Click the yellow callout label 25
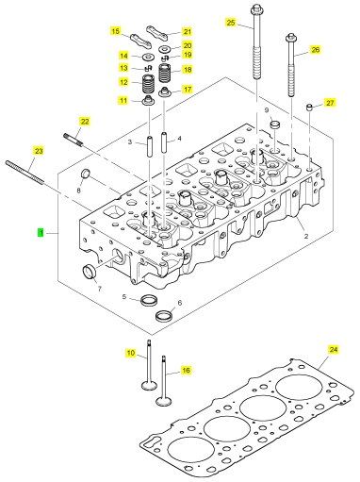pos(231,23)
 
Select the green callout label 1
pos(41,233)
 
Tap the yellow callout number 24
pos(334,349)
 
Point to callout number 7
pos(100,289)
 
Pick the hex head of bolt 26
pos(290,37)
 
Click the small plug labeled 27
pos(309,108)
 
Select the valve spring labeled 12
pos(148,84)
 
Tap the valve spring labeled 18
pos(165,73)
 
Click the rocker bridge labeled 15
pos(140,41)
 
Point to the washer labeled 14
pos(148,58)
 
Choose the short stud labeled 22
pos(74,140)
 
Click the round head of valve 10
pos(148,385)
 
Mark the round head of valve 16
pos(164,402)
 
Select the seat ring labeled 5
pos(149,300)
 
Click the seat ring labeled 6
pos(165,315)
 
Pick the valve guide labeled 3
pos(149,145)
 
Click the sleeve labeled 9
pos(275,125)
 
